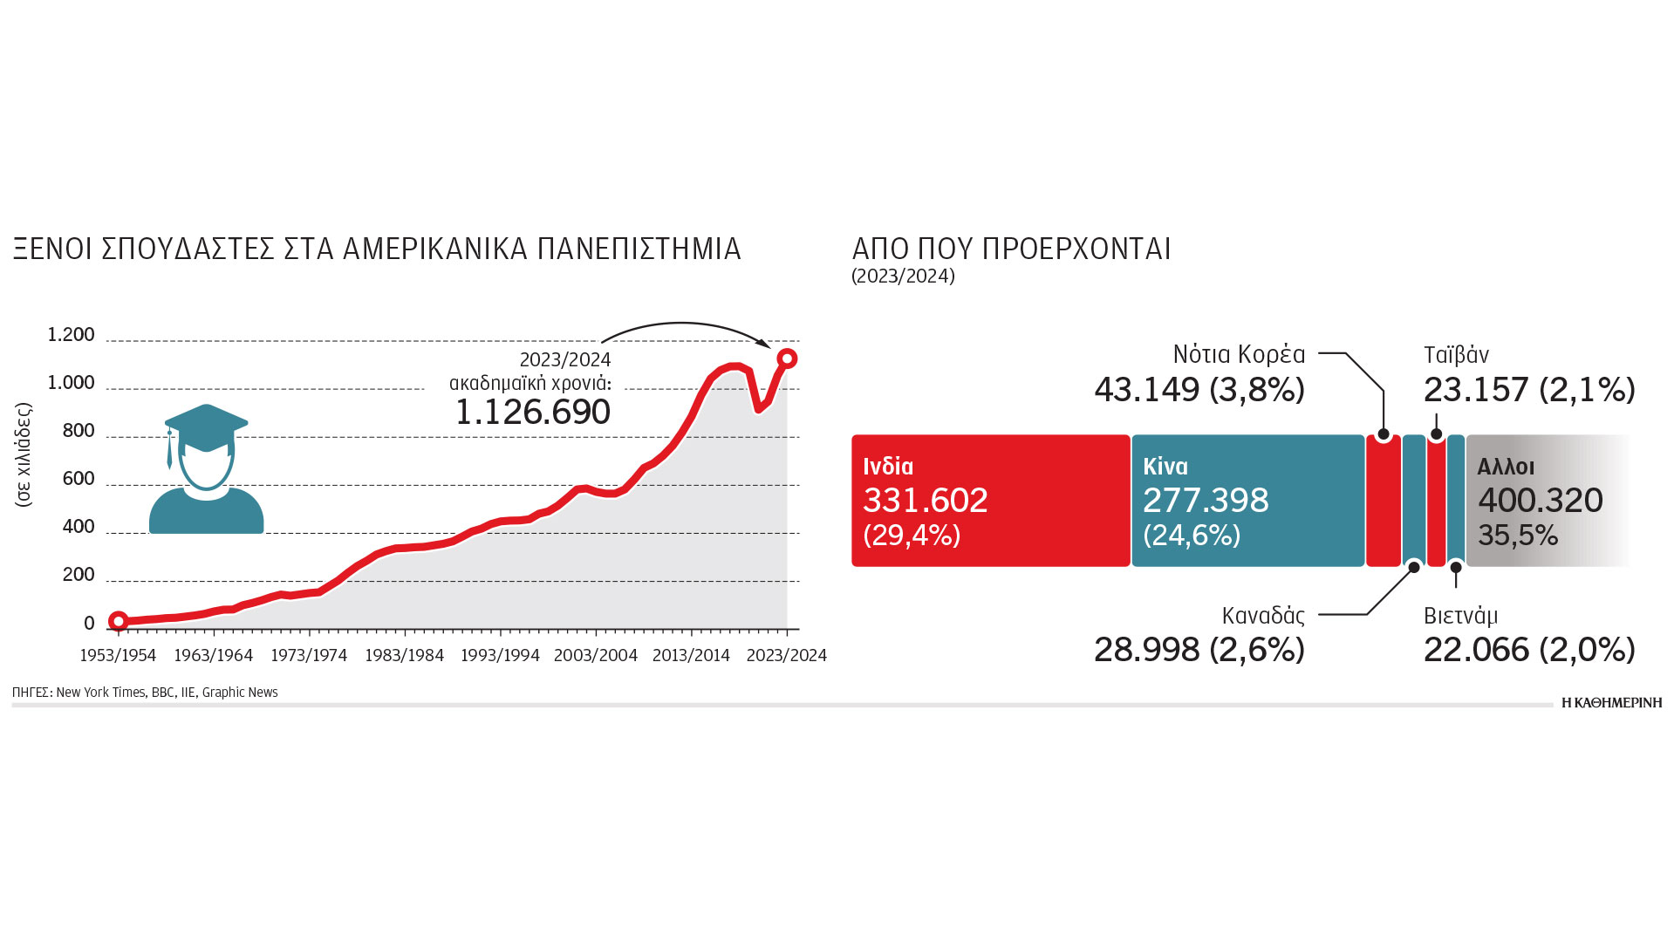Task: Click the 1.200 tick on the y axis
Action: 71,335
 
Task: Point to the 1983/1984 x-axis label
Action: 405,655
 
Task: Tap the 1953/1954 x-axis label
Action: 118,655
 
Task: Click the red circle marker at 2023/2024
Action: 787,358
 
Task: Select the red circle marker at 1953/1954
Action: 119,621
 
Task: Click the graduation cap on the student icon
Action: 206,427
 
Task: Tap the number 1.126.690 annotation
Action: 533,413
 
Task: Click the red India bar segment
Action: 990,501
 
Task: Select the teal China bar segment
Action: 1247,501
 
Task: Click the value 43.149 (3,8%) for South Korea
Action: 1199,389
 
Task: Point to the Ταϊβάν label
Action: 1456,355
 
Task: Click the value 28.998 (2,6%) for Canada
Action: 1199,650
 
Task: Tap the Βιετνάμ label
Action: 1460,616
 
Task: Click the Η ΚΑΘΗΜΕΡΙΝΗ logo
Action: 1611,702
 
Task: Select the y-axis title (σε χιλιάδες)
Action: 24,454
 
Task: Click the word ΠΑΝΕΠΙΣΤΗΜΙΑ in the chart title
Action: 639,249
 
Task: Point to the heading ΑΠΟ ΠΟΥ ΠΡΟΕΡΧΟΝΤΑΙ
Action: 1011,249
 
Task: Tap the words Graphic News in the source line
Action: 240,693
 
